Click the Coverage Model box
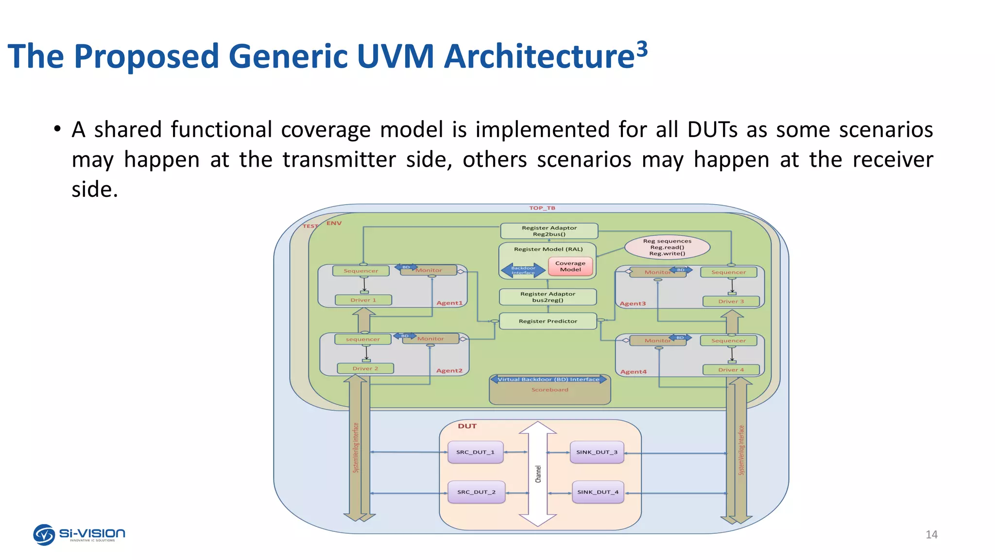pyautogui.click(x=570, y=266)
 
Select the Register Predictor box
pyautogui.click(x=548, y=321)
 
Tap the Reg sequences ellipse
pyautogui.click(x=667, y=247)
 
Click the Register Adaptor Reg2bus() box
pyautogui.click(x=549, y=231)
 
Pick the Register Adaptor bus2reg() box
pyautogui.click(x=548, y=297)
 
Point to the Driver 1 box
pyautogui.click(x=363, y=300)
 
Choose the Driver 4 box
pyautogui.click(x=731, y=370)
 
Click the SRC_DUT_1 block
pyautogui.click(x=475, y=452)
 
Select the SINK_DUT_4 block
pyautogui.click(x=598, y=492)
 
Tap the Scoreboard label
pyautogui.click(x=549, y=390)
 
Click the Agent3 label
pyautogui.click(x=633, y=304)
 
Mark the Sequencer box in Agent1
pyautogui.click(x=360, y=271)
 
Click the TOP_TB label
pyautogui.click(x=542, y=208)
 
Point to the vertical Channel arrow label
pyautogui.click(x=538, y=474)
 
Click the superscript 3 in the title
pyautogui.click(x=642, y=50)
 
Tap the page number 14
pyautogui.click(x=931, y=535)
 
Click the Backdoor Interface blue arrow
pyautogui.click(x=523, y=270)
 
